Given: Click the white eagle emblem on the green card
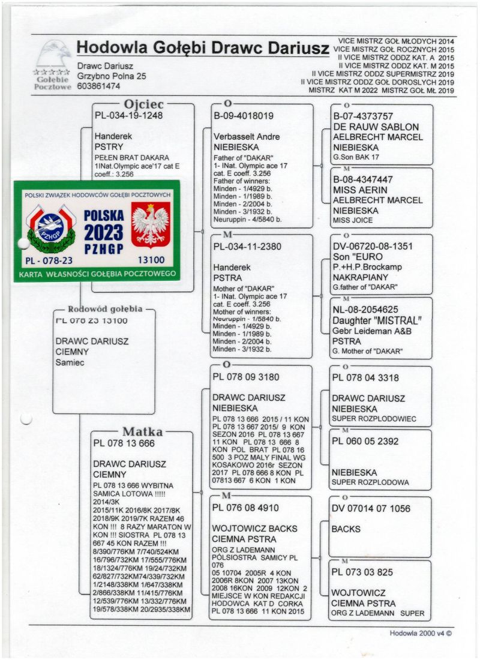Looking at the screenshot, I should (x=150, y=224).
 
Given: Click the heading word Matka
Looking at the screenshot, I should (x=142, y=431).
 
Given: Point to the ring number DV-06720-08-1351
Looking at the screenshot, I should (x=372, y=246).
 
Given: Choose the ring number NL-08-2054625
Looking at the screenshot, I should (x=366, y=310).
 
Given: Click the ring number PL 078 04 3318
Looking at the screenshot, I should (x=365, y=378).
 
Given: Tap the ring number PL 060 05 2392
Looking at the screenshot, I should (x=365, y=441).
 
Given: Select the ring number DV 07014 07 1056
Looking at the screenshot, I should (x=371, y=509).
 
